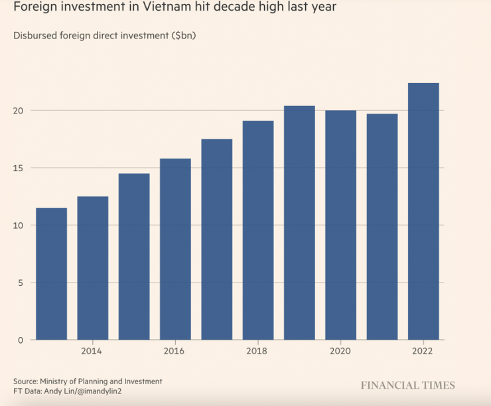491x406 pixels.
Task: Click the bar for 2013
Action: click(51, 273)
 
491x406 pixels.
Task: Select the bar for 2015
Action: click(134, 256)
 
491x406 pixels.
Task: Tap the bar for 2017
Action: click(216, 239)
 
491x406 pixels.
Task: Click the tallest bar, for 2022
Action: click(423, 211)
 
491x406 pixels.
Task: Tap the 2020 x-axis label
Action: click(340, 351)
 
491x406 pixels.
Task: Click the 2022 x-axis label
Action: click(423, 351)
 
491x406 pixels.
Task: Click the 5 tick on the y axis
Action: click(21, 283)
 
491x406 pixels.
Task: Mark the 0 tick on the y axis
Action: click(21, 340)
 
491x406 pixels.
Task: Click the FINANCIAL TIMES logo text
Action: click(407, 385)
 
